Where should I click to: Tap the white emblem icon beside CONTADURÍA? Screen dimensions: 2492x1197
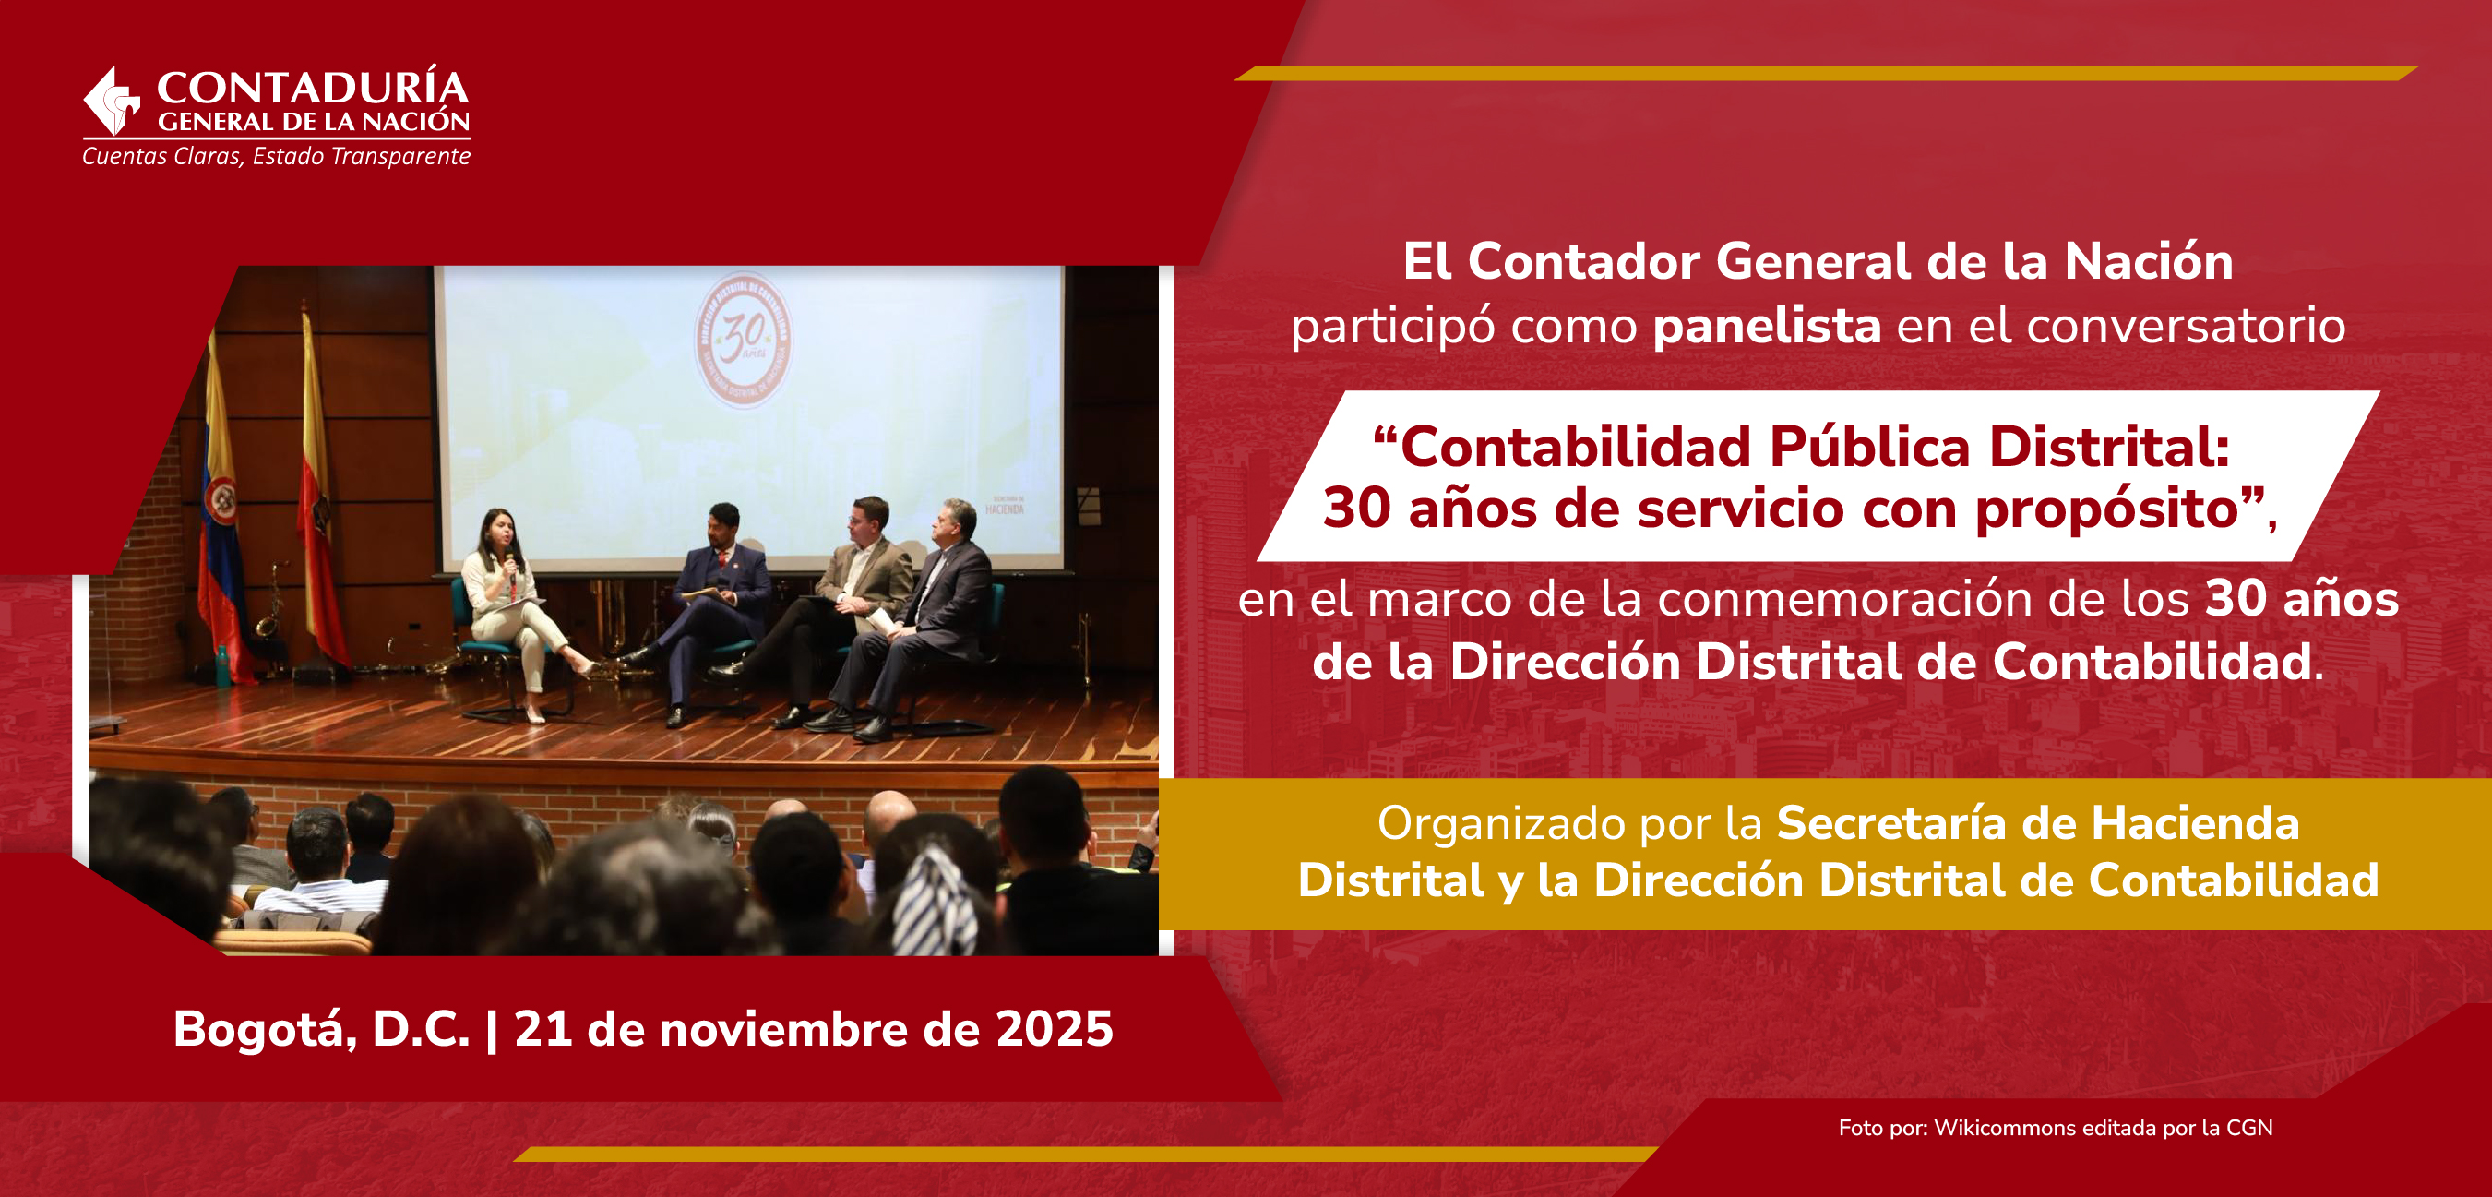(113, 101)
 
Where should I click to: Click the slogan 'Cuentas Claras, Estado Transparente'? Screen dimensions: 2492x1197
(277, 156)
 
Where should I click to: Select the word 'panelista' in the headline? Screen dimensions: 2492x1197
(1767, 325)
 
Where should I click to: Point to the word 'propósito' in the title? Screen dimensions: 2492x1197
(2107, 510)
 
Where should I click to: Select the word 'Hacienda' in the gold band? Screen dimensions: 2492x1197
(2195, 822)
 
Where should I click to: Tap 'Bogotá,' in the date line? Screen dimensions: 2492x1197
(266, 1030)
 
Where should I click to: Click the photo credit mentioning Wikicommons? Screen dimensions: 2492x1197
(2056, 1128)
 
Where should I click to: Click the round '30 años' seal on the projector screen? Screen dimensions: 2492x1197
(743, 340)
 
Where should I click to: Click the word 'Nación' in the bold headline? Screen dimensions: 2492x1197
(2149, 261)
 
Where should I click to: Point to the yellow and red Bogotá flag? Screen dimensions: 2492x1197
(320, 494)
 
